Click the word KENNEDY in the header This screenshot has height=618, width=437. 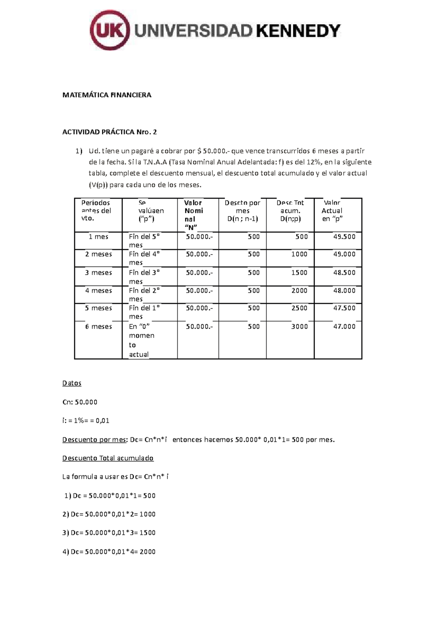(298, 31)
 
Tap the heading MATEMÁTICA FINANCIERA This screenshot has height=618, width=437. (107, 95)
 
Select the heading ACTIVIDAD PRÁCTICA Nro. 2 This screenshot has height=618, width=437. (110, 132)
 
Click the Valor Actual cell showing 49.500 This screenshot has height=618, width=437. (344, 237)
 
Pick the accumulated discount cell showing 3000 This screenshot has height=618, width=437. (299, 326)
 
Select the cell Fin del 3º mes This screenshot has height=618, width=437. (144, 277)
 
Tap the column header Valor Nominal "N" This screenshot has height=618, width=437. (193, 215)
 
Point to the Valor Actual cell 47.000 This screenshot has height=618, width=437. (344, 326)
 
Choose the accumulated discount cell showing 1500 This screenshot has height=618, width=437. (299, 273)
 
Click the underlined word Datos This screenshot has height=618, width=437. (72, 383)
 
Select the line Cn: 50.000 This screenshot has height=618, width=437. (80, 402)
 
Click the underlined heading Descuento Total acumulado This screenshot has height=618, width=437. (108, 458)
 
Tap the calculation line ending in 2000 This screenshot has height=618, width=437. (109, 552)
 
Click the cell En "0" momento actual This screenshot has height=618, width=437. (142, 340)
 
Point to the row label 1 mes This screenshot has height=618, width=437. (98, 237)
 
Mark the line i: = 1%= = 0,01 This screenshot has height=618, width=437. (86, 421)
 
